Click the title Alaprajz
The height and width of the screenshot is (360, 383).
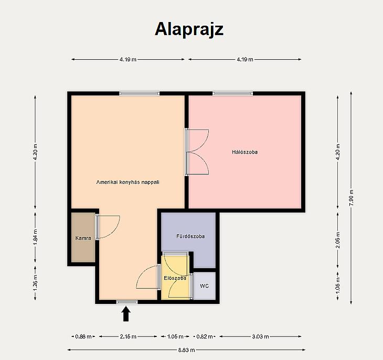pos(189,30)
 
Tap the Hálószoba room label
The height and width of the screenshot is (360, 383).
pos(244,152)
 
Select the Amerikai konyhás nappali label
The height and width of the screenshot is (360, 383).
pos(127,182)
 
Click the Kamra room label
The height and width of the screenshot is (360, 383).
pos(83,238)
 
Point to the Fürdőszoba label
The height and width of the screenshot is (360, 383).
pos(190,236)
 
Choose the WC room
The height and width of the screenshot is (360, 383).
pos(205,286)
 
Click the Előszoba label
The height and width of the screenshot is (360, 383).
pos(175,278)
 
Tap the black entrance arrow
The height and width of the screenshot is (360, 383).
pos(126,314)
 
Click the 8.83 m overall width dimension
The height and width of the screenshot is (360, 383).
pos(186,350)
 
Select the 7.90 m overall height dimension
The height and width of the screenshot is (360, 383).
pos(351,198)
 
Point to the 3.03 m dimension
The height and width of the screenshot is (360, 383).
pos(260,336)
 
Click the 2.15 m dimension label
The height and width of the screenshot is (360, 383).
pos(128,336)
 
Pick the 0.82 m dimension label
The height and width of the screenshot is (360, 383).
pos(205,336)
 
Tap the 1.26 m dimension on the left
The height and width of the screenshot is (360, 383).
pos(36,283)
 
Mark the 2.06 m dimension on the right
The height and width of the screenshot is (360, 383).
pos(338,240)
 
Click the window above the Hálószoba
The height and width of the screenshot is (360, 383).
pos(232,93)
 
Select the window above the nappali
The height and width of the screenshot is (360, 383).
pos(139,93)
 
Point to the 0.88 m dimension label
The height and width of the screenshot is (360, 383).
pos(83,336)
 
